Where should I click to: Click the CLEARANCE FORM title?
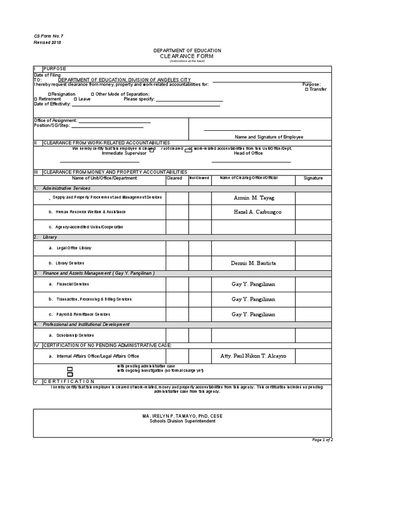pos(187,56)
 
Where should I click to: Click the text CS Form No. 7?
pos(48,36)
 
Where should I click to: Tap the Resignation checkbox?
pos(49,94)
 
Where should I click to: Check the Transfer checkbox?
pos(306,89)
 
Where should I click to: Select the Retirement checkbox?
pos(35,99)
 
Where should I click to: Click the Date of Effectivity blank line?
pos(146,105)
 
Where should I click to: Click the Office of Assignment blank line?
pos(114,122)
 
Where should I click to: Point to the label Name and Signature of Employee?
pos(269,137)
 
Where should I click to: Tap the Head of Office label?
pos(248,153)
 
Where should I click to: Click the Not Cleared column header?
pos(199,178)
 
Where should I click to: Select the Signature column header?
pos(313,178)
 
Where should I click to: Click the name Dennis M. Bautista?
pos(253,263)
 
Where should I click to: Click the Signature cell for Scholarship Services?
pos(313,335)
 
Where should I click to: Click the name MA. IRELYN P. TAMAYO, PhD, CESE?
pos(183,416)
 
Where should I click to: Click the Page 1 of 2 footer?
pos(323,440)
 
